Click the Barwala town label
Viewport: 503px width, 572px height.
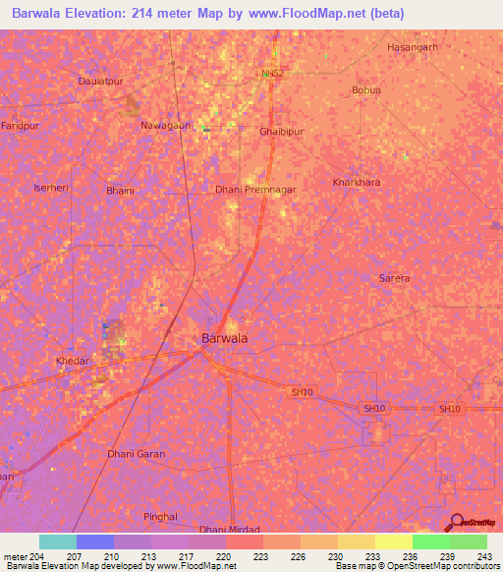tap(224, 338)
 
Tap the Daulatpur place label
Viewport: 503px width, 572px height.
tap(100, 82)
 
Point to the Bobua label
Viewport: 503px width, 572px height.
tap(366, 90)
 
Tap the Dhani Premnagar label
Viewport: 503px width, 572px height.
tap(255, 187)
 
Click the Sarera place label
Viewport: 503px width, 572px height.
tap(394, 278)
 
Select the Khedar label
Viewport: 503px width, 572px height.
tap(73, 361)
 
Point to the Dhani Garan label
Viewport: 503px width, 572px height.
tap(136, 454)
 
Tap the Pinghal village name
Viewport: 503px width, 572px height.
tap(160, 516)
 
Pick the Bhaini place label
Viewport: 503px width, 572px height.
tap(120, 191)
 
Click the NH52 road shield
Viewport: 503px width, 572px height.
tap(274, 73)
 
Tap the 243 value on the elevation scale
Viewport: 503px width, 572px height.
tap(480, 557)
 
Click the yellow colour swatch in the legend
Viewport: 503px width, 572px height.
tap(393, 542)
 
